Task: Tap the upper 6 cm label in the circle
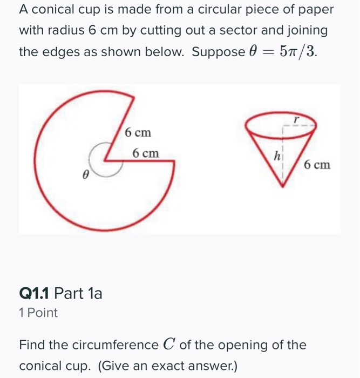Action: point(138,132)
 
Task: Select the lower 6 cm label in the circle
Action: point(146,153)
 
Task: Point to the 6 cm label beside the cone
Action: point(317,164)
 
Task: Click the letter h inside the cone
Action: point(276,156)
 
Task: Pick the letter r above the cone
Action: point(295,116)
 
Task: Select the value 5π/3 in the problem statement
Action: point(296,52)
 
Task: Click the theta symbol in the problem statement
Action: point(251,52)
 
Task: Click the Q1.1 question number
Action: point(34,294)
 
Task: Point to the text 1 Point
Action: point(38,313)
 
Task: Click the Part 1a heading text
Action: point(79,294)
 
